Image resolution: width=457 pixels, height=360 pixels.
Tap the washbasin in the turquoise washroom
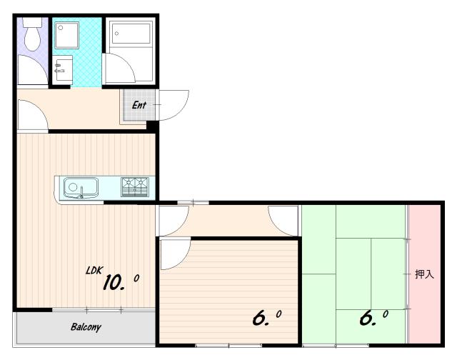[64, 68]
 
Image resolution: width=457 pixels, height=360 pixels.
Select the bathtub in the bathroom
[131, 34]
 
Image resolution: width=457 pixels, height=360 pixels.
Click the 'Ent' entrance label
[139, 105]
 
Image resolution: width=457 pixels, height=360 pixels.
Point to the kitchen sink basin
[81, 187]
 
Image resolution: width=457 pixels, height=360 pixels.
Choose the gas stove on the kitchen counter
[135, 187]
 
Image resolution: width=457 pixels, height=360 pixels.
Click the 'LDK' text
[94, 271]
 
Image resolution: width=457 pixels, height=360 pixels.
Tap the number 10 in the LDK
[113, 282]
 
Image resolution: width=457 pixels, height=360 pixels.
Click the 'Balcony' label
[86, 326]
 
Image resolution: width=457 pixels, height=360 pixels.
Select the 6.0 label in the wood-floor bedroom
[266, 318]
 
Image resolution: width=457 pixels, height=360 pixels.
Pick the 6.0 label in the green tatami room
[373, 318]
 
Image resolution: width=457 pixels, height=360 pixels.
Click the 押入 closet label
[424, 274]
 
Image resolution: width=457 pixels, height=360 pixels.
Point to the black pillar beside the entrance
[152, 126]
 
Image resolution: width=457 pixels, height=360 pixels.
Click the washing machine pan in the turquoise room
[66, 35]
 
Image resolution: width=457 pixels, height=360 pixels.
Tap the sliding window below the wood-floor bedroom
[228, 346]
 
